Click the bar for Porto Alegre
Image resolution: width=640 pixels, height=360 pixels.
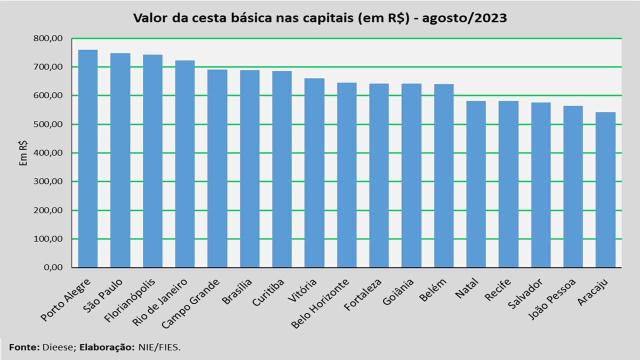pyautogui.click(x=88, y=158)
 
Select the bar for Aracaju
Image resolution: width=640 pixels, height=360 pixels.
pyautogui.click(x=605, y=189)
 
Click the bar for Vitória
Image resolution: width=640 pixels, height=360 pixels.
pyautogui.click(x=314, y=172)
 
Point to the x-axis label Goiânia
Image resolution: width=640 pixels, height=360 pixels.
pyautogui.click(x=398, y=293)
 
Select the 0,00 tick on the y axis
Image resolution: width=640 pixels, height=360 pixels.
pyautogui.click(x=53, y=267)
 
